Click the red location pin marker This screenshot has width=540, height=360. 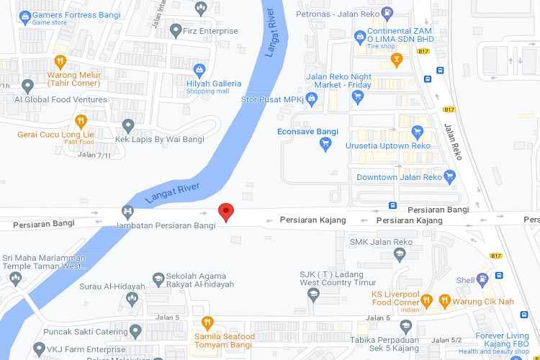(226, 212)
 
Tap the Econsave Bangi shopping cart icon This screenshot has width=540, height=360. (325, 145)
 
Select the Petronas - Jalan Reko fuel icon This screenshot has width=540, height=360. (387, 12)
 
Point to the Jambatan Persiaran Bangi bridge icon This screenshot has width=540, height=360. (127, 212)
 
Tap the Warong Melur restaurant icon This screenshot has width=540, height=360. (60, 61)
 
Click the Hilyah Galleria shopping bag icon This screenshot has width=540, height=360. (200, 69)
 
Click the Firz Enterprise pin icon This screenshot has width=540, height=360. (176, 31)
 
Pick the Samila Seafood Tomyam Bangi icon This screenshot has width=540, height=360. (207, 323)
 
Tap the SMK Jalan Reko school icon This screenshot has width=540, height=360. (400, 254)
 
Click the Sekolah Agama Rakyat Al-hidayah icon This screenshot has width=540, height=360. (158, 278)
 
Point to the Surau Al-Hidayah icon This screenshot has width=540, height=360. (132, 297)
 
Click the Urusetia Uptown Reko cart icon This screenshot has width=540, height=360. (416, 132)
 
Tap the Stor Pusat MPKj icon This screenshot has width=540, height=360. (311, 98)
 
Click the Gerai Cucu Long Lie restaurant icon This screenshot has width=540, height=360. (81, 121)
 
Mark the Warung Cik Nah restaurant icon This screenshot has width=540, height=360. (444, 300)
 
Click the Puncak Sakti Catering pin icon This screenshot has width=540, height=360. (135, 331)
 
